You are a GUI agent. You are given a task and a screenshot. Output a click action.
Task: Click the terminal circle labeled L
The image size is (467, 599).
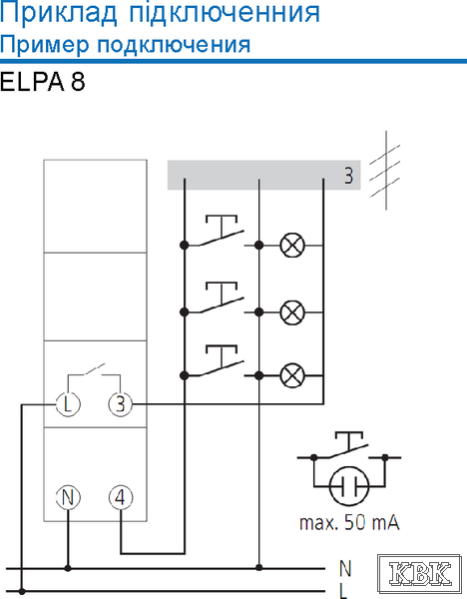pos(68,403)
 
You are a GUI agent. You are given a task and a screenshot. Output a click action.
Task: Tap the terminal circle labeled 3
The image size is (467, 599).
pos(121,403)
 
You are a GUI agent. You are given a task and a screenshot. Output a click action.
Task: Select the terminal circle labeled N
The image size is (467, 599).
pos(68,497)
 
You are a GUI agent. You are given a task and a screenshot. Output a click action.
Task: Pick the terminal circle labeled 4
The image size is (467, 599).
pos(121,497)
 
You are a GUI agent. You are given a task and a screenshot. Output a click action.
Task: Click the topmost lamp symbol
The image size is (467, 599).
pos(292,245)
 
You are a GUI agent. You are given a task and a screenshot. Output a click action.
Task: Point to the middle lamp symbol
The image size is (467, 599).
pos(292,312)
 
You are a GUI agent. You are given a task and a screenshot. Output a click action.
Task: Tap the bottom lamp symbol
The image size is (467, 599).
pos(292,375)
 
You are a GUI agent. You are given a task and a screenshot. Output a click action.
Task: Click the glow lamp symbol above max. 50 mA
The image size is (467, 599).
pos(349,486)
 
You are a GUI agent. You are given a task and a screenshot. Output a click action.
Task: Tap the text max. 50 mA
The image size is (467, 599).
pos(349,522)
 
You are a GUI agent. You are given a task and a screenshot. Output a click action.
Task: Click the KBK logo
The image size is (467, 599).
pos(419,573)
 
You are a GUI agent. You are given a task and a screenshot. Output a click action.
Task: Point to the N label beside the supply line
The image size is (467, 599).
pos(345,569)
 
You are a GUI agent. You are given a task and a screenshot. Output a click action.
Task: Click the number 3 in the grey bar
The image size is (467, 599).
pos(348,176)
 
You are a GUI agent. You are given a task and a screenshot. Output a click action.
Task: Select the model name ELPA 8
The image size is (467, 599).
pos(42,82)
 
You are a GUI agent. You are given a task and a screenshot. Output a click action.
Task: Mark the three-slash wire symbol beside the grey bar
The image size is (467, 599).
pos(385,171)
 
